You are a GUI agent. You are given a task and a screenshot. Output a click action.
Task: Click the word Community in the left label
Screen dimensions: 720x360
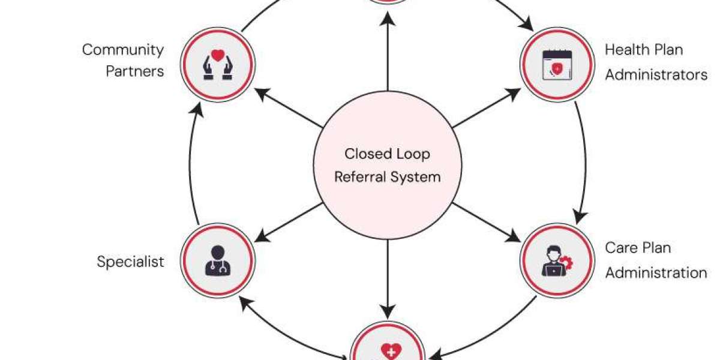tap(123, 50)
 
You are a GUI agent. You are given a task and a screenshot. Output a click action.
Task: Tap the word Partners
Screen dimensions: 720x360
tap(135, 71)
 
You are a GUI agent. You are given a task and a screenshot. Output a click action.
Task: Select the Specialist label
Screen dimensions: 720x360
tap(131, 262)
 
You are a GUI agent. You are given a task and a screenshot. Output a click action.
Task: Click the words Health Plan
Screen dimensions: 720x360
tap(644, 50)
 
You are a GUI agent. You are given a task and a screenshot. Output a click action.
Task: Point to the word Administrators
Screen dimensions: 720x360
tap(656, 74)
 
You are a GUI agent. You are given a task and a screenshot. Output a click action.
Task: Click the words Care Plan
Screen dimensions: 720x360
tap(638, 248)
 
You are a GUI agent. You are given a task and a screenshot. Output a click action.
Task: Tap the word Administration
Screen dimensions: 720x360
tap(656, 273)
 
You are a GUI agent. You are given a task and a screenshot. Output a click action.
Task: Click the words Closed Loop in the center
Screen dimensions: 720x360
tap(388, 154)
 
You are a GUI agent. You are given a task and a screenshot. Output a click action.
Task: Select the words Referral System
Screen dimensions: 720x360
tap(388, 177)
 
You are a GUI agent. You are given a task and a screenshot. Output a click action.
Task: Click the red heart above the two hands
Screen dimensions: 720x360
tap(218, 55)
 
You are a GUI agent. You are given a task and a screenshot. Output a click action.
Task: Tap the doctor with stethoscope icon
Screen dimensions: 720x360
tap(218, 260)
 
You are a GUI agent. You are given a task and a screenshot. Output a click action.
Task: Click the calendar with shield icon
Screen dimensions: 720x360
tap(557, 65)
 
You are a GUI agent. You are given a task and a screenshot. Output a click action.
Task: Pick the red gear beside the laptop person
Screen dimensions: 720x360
tap(566, 263)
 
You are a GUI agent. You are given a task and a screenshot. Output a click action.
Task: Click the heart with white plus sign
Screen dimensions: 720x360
tap(391, 352)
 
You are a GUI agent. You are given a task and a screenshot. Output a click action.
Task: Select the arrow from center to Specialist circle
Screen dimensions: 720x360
tap(289, 223)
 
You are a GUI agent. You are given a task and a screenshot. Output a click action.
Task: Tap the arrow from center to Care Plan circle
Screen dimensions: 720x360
tap(487, 223)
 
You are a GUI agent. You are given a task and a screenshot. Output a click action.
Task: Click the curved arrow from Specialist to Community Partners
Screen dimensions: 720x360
tap(190, 164)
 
